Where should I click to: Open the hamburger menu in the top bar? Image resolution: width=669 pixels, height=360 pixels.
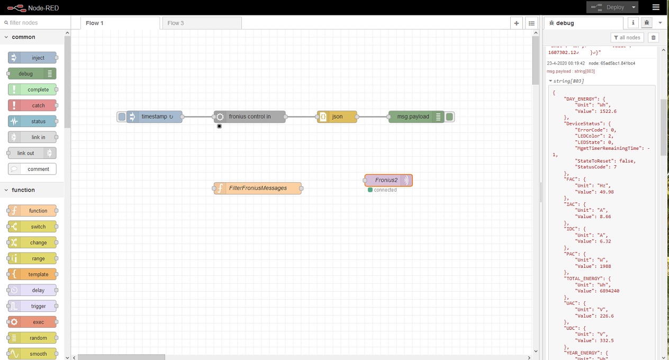[656, 7]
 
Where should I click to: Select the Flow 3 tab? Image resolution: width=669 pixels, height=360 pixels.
[201, 23]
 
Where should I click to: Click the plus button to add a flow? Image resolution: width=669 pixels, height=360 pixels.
[517, 23]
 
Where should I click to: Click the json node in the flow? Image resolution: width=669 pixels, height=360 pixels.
[337, 116]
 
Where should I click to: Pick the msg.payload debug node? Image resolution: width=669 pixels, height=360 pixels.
[413, 116]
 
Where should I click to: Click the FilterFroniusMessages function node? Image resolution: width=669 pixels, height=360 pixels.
[258, 188]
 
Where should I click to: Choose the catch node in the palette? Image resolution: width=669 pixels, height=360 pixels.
[32, 105]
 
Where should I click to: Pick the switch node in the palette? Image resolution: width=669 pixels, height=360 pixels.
[32, 227]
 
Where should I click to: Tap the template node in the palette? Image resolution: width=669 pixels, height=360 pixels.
[32, 274]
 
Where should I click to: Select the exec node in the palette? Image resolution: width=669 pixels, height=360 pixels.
[32, 322]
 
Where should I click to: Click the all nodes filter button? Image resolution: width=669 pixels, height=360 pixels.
[627, 38]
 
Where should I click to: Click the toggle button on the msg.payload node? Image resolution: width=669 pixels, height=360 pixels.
[449, 116]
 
